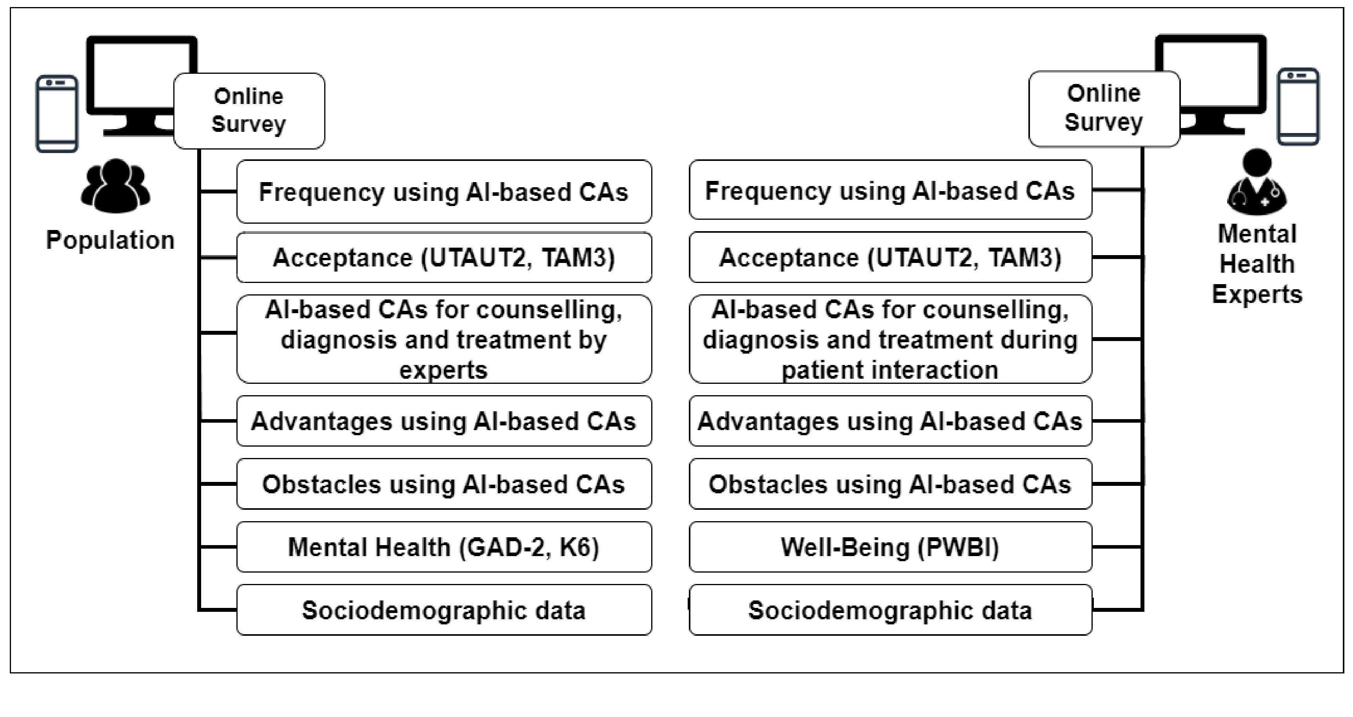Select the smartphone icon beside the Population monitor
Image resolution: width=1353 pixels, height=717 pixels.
(x=57, y=113)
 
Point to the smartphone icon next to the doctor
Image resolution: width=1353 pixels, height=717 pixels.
(x=1298, y=106)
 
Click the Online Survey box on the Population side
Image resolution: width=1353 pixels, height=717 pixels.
(x=249, y=110)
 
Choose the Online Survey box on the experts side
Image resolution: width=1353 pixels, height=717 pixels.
(x=1104, y=108)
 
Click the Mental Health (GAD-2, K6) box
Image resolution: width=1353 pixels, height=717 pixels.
(x=444, y=547)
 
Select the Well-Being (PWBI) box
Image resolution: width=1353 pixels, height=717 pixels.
(x=890, y=547)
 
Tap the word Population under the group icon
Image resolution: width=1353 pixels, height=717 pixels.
(x=110, y=240)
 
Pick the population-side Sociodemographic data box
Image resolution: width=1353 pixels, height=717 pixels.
(x=444, y=610)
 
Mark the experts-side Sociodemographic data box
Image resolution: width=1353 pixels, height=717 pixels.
(x=890, y=610)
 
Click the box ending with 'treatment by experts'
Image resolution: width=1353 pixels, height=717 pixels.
(x=444, y=339)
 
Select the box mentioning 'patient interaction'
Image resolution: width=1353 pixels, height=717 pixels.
(x=890, y=339)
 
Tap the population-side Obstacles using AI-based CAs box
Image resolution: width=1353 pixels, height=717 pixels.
(x=444, y=483)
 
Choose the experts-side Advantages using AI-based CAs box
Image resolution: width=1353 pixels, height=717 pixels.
(x=890, y=421)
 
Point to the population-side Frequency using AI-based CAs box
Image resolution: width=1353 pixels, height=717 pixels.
(x=444, y=192)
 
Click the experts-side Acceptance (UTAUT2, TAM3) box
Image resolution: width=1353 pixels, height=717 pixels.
(x=890, y=257)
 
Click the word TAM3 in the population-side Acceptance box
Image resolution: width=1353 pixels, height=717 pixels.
(x=578, y=257)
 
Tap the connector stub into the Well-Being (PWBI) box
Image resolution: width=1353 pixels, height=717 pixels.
(x=1117, y=547)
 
